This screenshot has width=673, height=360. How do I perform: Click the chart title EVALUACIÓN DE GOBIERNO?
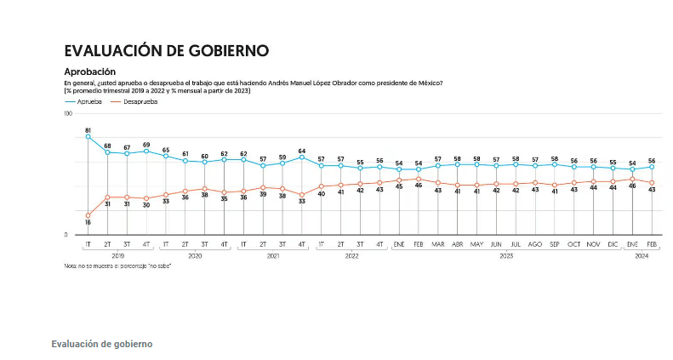tap(166, 50)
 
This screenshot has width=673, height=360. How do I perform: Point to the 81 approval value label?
tap(88, 129)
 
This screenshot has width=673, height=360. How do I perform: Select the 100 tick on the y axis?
tap(68, 113)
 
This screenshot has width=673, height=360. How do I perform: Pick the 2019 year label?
tap(117, 255)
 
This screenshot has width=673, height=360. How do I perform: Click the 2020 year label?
tap(195, 255)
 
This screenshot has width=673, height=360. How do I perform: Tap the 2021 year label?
tap(273, 255)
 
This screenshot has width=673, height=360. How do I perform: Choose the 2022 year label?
tap(351, 255)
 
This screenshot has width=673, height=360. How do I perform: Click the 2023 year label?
tap(506, 255)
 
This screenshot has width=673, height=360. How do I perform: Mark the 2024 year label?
tap(642, 255)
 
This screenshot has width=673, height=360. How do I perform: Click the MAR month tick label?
tap(438, 244)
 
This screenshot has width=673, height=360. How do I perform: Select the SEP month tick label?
tap(555, 244)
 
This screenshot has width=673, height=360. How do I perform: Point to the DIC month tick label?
tap(613, 244)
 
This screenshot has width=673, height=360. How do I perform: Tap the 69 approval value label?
tap(146, 145)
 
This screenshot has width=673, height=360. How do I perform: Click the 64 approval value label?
tap(302, 151)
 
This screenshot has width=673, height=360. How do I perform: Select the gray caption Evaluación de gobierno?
tap(101, 344)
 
